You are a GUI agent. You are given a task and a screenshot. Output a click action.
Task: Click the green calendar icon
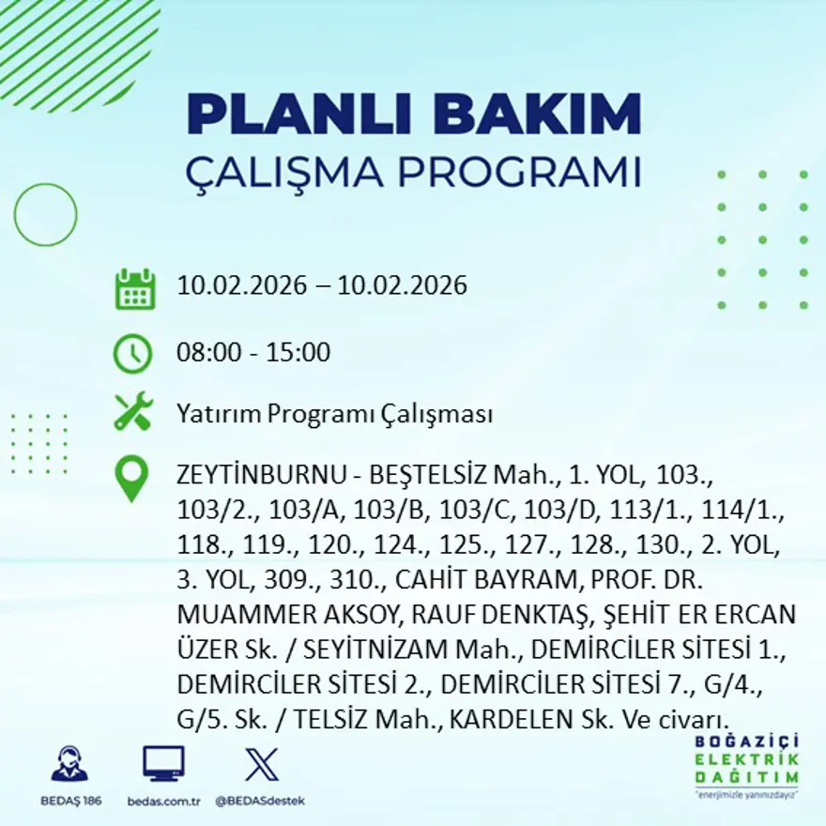(x=134, y=289)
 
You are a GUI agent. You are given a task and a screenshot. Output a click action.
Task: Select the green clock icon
(x=132, y=354)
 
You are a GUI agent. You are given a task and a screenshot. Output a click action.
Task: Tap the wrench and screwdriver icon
(x=132, y=412)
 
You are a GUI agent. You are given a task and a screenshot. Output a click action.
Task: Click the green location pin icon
(x=131, y=479)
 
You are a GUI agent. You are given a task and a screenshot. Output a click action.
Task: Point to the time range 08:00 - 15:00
(x=253, y=353)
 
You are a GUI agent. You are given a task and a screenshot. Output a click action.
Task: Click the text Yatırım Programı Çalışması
(x=334, y=414)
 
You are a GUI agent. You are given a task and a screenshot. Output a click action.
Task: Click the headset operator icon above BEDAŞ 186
(x=69, y=765)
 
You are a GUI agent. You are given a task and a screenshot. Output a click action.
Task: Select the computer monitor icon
(x=163, y=763)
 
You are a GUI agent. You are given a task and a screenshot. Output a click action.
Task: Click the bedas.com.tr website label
(x=163, y=801)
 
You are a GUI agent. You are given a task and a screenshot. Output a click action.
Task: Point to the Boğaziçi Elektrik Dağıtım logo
(x=747, y=765)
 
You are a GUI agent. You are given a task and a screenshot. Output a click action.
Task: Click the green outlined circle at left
(x=46, y=215)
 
